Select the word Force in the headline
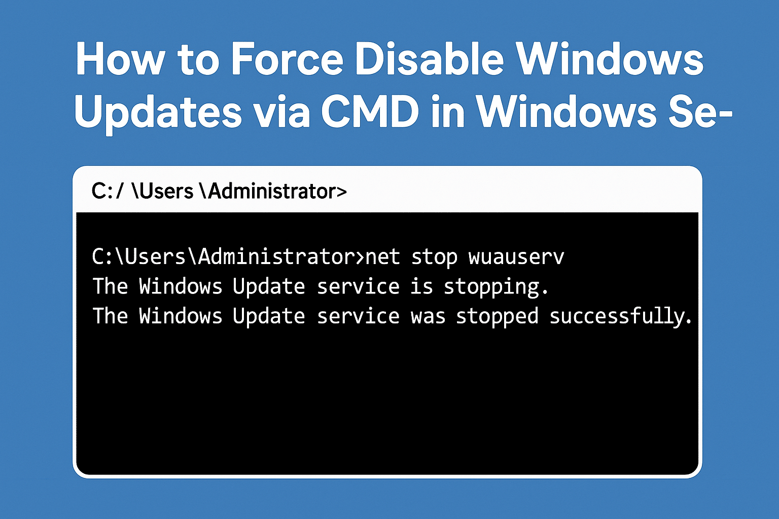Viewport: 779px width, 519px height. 287,59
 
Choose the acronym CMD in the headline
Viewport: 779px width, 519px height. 370,112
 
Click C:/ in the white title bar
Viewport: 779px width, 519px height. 108,191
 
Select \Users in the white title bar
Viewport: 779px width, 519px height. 163,191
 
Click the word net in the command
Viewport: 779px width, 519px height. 382,257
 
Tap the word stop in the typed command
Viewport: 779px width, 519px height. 434,258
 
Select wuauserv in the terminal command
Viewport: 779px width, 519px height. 516,257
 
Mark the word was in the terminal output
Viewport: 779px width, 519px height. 428,317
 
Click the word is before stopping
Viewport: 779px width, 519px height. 422,287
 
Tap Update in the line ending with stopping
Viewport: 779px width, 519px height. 269,287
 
